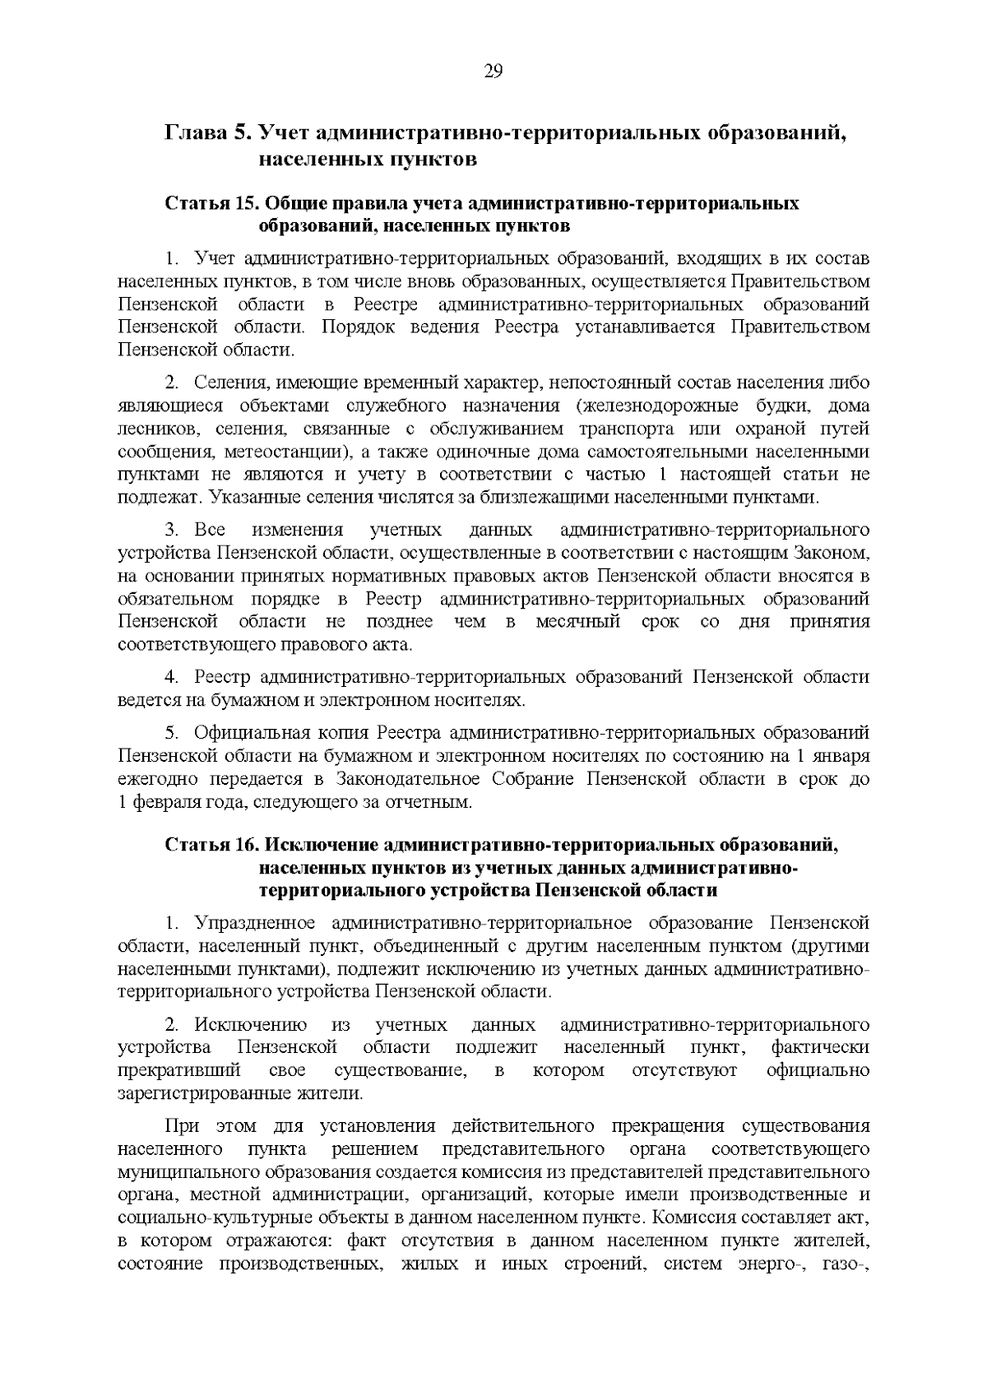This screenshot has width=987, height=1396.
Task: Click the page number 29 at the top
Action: (x=493, y=71)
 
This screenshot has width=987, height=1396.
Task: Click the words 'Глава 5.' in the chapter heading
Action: (x=209, y=132)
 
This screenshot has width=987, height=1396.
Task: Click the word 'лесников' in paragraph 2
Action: (x=155, y=429)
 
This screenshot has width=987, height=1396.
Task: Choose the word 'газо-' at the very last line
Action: (x=846, y=1263)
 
